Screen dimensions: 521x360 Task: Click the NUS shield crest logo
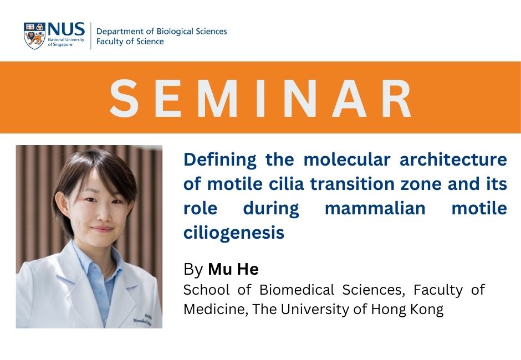coord(34,36)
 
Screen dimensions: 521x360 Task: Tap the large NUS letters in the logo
coord(66,29)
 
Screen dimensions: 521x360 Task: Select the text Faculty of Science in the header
coord(130,42)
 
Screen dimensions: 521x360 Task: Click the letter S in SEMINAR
coord(124,98)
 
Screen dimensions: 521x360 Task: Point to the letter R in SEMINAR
coord(397,98)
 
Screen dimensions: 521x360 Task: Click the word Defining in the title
coord(220,160)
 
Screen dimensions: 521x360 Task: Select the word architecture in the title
coord(453,160)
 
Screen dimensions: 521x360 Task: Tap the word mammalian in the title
coord(375,209)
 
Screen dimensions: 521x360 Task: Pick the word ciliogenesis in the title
coord(234,233)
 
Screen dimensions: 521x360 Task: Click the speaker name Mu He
coord(233,269)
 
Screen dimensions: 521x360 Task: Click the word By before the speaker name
coord(193,270)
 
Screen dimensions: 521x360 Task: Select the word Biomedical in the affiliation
coord(297,290)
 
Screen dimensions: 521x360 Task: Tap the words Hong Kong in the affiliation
coord(407,310)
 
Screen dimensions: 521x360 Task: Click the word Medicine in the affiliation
coord(216,310)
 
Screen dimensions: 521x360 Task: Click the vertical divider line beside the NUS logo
coord(91,36)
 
